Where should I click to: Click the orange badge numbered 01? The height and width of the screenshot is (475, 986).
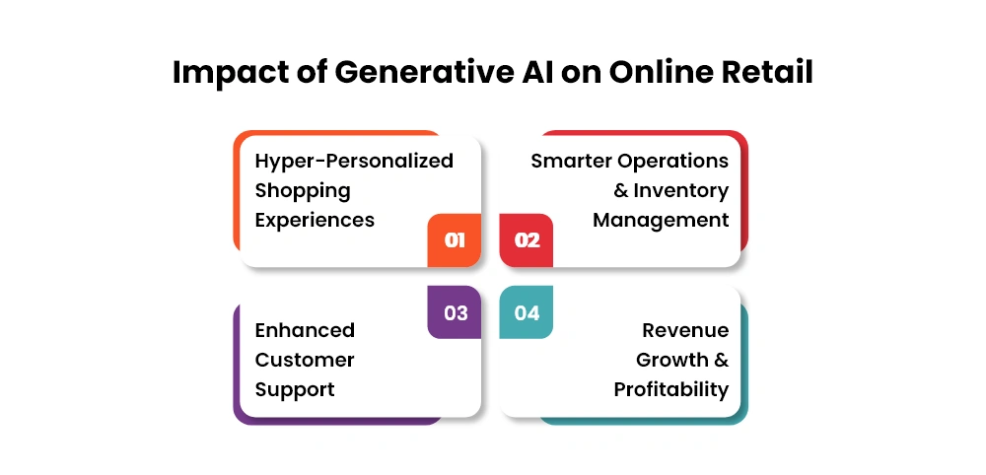tap(454, 240)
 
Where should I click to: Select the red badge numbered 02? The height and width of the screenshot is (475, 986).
tap(527, 240)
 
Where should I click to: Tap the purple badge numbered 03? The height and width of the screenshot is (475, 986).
tap(454, 312)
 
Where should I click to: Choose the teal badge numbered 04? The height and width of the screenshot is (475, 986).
tap(527, 312)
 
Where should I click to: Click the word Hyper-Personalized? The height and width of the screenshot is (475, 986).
tap(354, 162)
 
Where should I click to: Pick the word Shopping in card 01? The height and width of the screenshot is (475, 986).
tap(303, 191)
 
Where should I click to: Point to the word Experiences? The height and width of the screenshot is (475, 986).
tap(315, 221)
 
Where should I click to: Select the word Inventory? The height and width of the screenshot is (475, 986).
tap(681, 191)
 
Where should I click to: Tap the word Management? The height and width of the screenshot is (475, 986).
tap(661, 221)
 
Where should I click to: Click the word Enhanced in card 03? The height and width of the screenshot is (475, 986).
tap(305, 330)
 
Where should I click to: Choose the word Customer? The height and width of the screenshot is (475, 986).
tap(305, 360)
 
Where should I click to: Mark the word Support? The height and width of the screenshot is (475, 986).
tap(294, 390)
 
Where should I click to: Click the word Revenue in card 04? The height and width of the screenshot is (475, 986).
tap(685, 330)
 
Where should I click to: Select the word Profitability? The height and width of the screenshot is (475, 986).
tap(671, 390)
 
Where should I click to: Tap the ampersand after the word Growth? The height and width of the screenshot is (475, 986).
tap(721, 360)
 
